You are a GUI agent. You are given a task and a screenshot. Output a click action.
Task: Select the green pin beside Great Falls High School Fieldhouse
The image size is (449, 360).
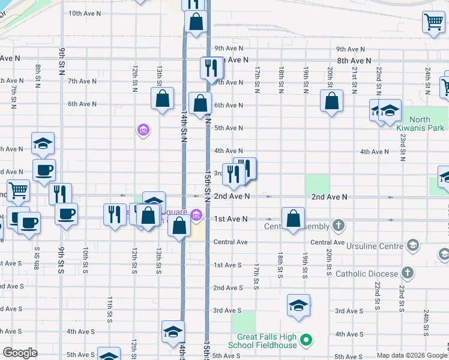pyautogui.click(x=306, y=341)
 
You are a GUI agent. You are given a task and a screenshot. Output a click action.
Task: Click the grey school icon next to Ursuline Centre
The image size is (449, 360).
pyautogui.click(x=412, y=245)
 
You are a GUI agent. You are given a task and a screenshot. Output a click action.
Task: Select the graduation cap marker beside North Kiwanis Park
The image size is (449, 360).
pyautogui.click(x=390, y=110)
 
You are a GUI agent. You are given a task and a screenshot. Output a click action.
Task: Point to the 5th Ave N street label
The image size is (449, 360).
pyautogui.click(x=229, y=128)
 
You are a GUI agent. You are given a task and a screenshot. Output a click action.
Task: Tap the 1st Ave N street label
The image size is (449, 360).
pyautogui.click(x=231, y=219)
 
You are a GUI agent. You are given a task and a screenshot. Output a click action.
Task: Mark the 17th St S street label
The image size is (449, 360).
pyautogui.click(x=256, y=275)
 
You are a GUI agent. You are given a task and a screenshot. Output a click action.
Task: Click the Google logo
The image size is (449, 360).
pyautogui.click(x=21, y=352)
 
